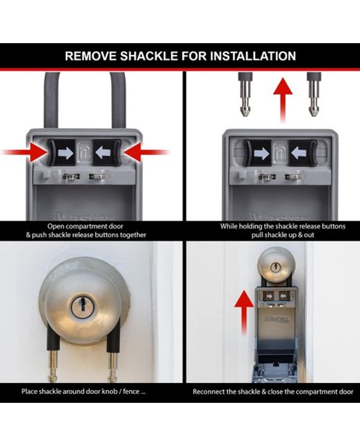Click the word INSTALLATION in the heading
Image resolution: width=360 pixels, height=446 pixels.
[253, 56]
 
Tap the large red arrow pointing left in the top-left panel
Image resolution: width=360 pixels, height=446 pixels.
[147, 152]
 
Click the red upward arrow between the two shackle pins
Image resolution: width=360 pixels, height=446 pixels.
[283, 100]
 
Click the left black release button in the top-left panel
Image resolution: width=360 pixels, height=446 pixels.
[61, 152]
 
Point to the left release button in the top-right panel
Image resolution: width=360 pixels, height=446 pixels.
[258, 153]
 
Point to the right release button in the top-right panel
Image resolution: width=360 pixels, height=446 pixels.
[302, 153]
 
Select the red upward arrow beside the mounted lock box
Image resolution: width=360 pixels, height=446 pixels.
[244, 312]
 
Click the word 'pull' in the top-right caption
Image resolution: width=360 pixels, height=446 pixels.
[257, 235]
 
